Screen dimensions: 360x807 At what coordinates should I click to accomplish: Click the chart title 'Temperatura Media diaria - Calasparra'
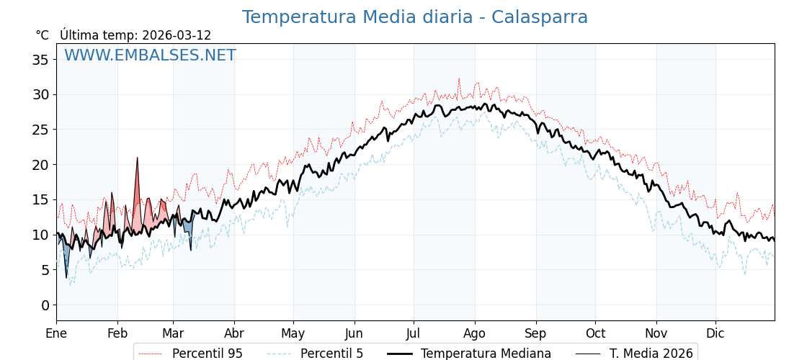(x=414, y=17)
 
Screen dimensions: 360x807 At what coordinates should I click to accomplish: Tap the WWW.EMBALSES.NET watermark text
(x=150, y=55)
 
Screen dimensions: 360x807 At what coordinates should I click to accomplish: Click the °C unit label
(x=43, y=35)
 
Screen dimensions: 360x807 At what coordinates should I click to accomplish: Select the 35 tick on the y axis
(x=40, y=60)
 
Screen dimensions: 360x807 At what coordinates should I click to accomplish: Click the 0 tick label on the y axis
(x=45, y=305)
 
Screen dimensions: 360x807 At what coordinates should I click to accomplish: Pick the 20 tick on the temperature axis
(x=40, y=165)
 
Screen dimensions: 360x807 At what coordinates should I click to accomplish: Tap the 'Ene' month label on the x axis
(x=56, y=333)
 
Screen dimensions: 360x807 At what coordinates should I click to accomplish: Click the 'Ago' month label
(x=474, y=333)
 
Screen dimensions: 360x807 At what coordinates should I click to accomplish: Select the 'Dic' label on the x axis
(x=715, y=333)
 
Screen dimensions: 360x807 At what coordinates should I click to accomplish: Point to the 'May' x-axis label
(x=293, y=333)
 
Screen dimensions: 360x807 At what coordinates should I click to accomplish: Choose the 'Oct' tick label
(x=595, y=333)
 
